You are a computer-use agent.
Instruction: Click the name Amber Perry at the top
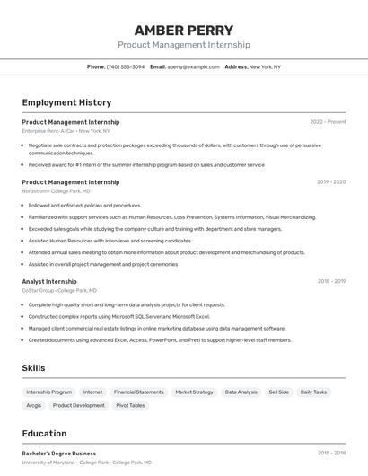(x=183, y=30)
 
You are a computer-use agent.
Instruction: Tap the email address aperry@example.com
(x=193, y=66)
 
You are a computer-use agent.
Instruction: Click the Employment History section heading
(x=66, y=102)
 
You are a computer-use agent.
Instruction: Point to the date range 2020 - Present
(x=328, y=122)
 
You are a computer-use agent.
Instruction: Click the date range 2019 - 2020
(x=331, y=182)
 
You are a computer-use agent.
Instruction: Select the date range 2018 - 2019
(x=331, y=281)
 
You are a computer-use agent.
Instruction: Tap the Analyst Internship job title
(x=49, y=281)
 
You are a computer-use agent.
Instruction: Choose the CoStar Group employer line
(x=59, y=290)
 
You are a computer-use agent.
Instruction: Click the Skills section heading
(x=33, y=367)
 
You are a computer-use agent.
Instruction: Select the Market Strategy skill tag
(x=194, y=392)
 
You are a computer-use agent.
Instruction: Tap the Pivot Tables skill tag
(x=130, y=405)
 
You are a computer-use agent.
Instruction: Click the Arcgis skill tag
(x=33, y=405)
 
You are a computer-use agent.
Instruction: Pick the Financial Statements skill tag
(x=138, y=392)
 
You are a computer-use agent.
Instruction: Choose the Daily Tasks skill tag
(x=313, y=392)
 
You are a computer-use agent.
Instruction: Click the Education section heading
(x=44, y=433)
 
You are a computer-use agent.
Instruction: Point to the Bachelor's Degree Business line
(x=58, y=454)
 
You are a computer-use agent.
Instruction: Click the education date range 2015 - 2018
(x=331, y=454)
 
